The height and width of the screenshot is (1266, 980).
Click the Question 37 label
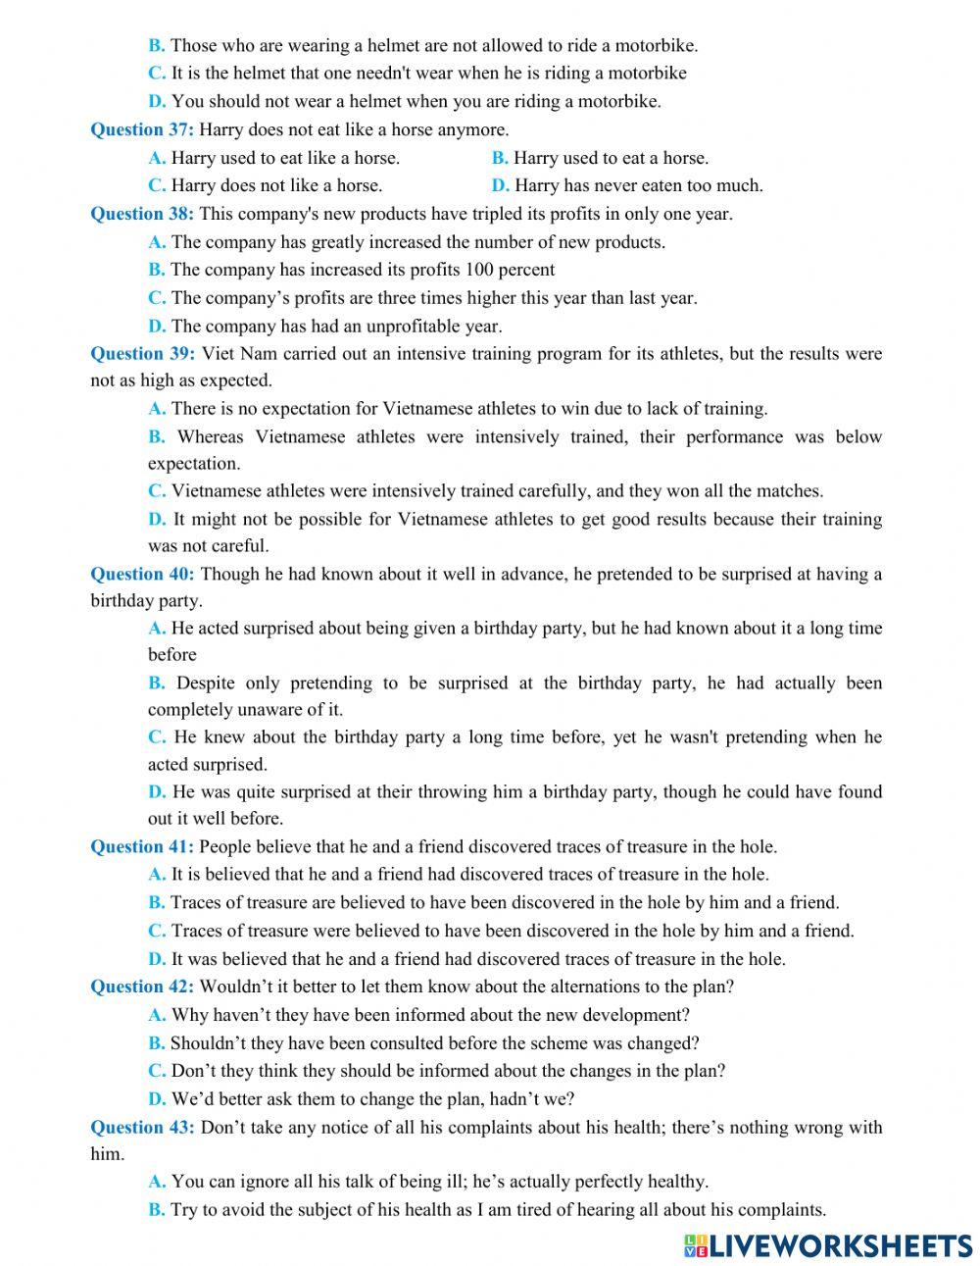coord(142,129)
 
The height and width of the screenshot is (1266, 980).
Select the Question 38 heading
coord(142,214)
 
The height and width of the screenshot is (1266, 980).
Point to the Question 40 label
coord(142,574)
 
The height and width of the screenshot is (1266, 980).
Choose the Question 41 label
coord(142,846)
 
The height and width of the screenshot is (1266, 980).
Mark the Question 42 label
coord(142,987)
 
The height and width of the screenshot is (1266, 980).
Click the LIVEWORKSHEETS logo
coord(828,1244)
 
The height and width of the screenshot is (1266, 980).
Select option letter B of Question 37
coord(500,158)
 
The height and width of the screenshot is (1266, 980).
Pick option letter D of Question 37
coord(500,185)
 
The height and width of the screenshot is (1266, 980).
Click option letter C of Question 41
coord(157,931)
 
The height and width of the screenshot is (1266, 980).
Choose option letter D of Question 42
coord(157,1098)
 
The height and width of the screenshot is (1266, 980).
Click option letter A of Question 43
coord(157,1183)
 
